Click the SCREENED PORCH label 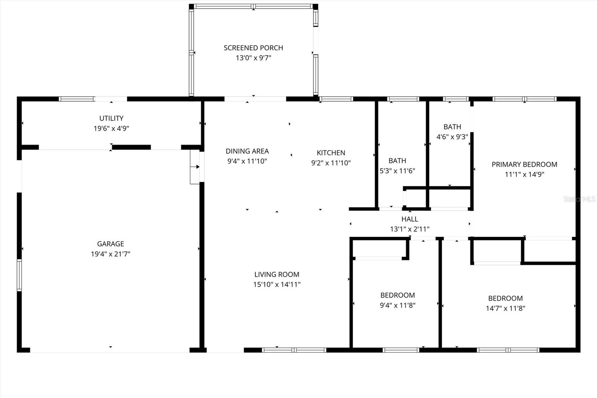(x=253, y=48)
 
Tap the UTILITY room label (x=111, y=118)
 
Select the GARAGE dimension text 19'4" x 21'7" (x=110, y=254)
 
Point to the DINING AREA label (x=247, y=151)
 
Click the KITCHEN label (x=331, y=153)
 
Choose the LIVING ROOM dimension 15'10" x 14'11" (x=277, y=284)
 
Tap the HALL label (x=410, y=219)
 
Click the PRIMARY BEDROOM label (x=524, y=164)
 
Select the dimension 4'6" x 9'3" (x=452, y=137)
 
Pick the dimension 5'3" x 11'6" (x=397, y=171)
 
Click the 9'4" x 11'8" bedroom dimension (x=397, y=305)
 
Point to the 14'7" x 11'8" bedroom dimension (x=505, y=308)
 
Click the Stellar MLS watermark (x=579, y=199)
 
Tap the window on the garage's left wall (x=19, y=275)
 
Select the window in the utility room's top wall (x=76, y=99)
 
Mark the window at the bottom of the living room (x=294, y=350)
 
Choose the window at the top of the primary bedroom (x=524, y=99)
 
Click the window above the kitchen (x=336, y=99)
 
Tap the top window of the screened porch (x=253, y=6)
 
